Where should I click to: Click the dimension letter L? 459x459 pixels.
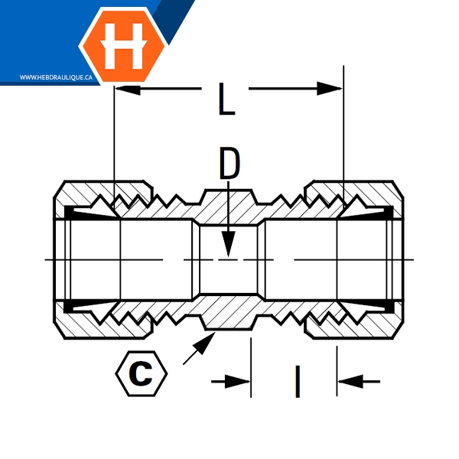click(226, 100)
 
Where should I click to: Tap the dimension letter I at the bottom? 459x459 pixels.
click(297, 381)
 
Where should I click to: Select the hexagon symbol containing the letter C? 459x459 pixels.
click(141, 373)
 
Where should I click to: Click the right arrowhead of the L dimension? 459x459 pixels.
click(332, 90)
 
